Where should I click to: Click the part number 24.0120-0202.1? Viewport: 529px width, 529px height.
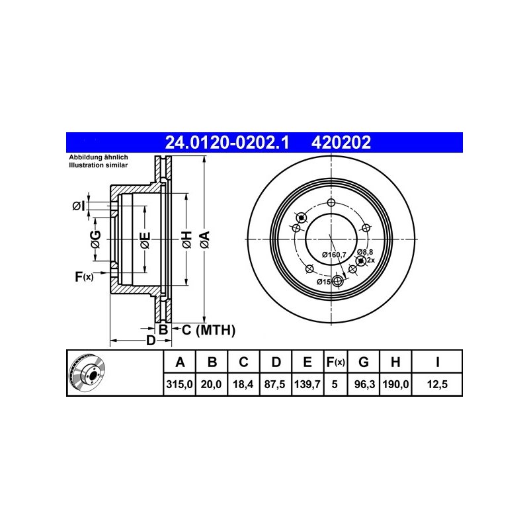pos(227,142)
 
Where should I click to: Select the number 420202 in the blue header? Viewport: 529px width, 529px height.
pos(341,142)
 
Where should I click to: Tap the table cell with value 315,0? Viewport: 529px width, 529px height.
pos(179,384)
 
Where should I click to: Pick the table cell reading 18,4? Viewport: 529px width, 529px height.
pos(243,384)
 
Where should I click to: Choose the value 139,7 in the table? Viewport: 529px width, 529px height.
pos(307,384)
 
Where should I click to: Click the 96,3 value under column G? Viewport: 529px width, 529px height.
pos(364,384)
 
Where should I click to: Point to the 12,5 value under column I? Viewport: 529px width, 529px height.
pos(437,384)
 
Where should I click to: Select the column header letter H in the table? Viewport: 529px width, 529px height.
pos(395,362)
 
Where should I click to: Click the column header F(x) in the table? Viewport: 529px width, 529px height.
pos(336,362)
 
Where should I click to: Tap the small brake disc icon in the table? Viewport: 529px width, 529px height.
pos(87,372)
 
